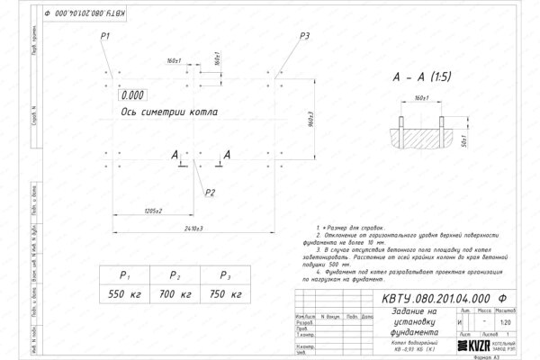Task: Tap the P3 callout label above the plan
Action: coord(304,35)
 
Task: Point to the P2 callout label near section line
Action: coord(210,192)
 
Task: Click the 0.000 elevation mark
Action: coord(132,94)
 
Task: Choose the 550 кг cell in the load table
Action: coord(126,294)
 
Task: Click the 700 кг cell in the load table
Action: coord(176,294)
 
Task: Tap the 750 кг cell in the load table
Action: coord(227,294)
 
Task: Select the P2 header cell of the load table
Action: coord(176,276)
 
